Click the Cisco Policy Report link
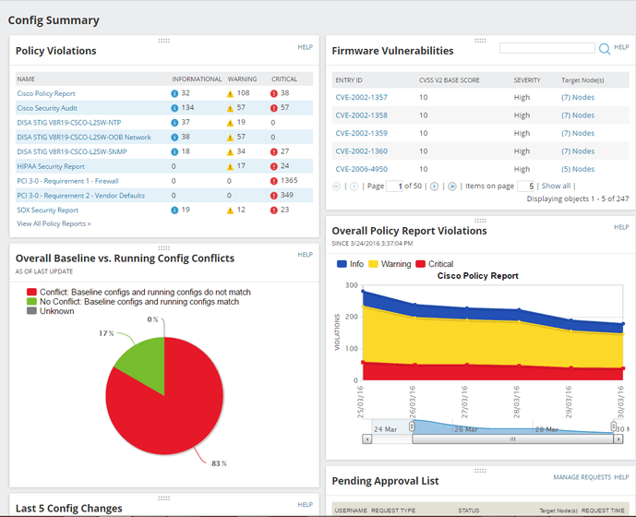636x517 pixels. point(46,93)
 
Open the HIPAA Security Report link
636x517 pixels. point(51,166)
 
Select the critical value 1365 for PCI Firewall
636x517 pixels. point(290,181)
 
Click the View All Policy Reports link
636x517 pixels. point(54,223)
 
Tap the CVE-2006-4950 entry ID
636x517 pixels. point(361,169)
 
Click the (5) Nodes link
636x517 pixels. point(578,169)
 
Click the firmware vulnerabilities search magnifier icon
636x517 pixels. point(605,49)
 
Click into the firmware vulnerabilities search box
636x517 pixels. point(546,48)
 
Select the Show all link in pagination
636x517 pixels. point(556,186)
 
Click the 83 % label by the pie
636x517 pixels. point(218,463)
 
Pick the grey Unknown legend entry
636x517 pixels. point(55,312)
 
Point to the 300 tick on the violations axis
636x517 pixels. point(350,285)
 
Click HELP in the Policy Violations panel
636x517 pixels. point(305,47)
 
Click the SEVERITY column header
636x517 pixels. point(527,80)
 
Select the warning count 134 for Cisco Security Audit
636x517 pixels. point(186,108)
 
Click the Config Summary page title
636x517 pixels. point(54,19)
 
